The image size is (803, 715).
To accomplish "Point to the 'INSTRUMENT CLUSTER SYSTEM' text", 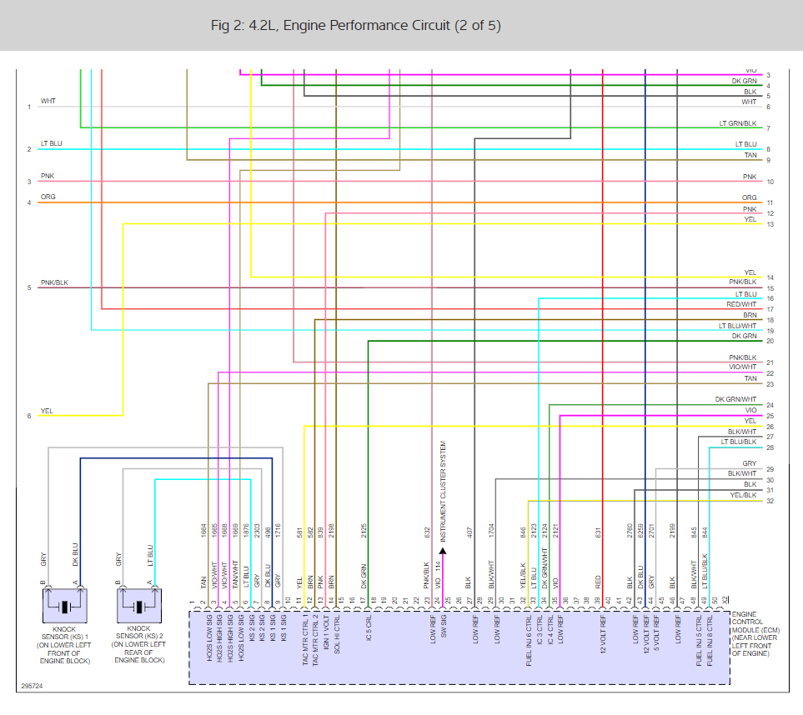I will pyautogui.click(x=443, y=492).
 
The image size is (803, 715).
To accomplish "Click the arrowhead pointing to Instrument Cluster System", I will pyautogui.click(x=443, y=551).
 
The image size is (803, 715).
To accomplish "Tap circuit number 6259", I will pyautogui.click(x=640, y=530).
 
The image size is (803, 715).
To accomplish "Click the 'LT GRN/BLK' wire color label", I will pyautogui.click(x=738, y=123).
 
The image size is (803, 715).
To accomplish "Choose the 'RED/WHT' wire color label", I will pyautogui.click(x=741, y=305).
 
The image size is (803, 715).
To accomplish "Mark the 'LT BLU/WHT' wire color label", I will pyautogui.click(x=738, y=326).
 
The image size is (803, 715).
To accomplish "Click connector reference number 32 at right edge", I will pyautogui.click(x=770, y=501).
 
